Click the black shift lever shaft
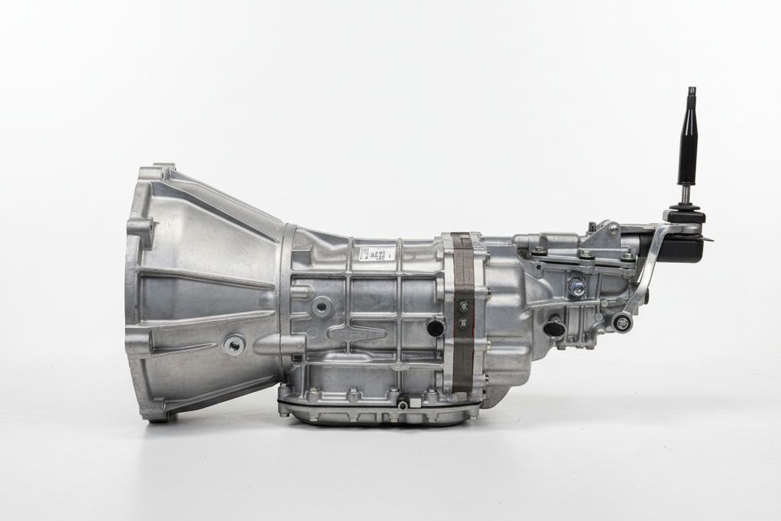[x=687, y=149]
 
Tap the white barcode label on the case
[x=377, y=253]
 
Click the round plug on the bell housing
[x=234, y=345]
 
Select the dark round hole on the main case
[x=435, y=328]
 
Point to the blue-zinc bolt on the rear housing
[x=577, y=288]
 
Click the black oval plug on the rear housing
[x=554, y=329]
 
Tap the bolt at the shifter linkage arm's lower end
[x=622, y=323]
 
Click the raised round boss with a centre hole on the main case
[x=323, y=307]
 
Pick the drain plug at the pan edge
[x=402, y=404]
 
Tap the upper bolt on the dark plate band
[x=463, y=306]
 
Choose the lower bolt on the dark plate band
[x=463, y=323]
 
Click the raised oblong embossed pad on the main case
[x=356, y=333]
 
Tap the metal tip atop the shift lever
[x=691, y=93]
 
